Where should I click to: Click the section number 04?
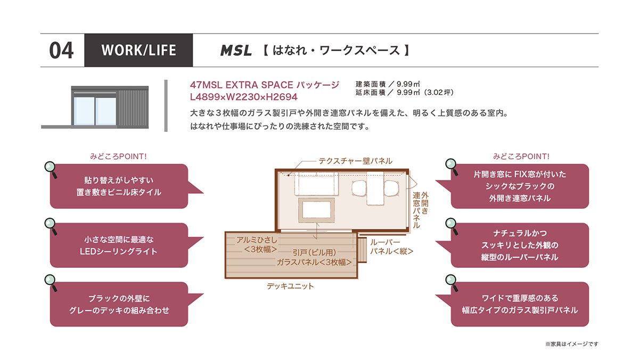click(61, 51)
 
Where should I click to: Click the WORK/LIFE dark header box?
click(138, 50)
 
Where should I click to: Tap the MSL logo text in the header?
click(236, 51)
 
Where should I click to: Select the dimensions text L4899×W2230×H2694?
click(244, 97)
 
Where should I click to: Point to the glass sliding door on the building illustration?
click(95, 111)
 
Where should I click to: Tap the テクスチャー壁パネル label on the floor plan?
click(355, 161)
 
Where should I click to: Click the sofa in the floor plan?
click(316, 184)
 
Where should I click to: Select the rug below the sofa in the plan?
click(316, 210)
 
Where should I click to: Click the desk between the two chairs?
click(375, 189)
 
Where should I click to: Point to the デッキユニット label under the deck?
click(290, 286)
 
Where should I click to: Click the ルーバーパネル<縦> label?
click(391, 247)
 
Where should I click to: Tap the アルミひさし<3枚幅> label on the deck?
click(257, 244)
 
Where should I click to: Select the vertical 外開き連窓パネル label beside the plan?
click(420, 210)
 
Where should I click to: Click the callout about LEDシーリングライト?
click(119, 246)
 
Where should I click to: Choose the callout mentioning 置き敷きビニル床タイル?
click(119, 186)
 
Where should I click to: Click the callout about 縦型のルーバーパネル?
click(520, 246)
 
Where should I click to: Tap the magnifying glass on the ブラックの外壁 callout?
click(51, 283)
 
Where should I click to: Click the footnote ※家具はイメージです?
click(572, 344)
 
